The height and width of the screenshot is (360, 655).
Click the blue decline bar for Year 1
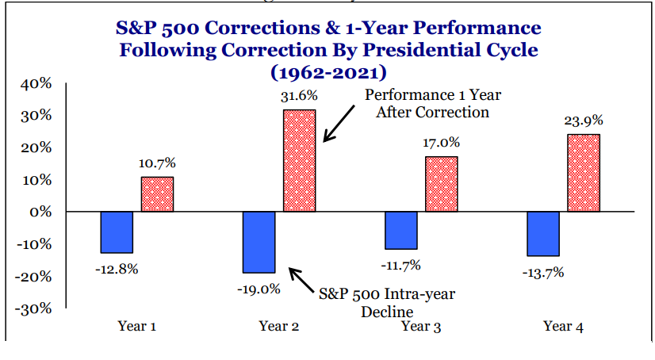tap(117, 232)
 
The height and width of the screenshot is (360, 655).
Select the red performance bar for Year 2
tap(299, 160)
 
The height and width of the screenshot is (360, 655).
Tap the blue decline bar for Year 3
tap(400, 230)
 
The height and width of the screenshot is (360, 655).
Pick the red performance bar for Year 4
tap(584, 173)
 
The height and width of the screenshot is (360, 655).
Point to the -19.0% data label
tap(259, 289)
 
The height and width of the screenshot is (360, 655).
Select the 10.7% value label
tap(157, 163)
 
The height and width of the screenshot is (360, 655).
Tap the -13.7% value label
tap(543, 273)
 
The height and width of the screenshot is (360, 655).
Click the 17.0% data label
tap(441, 144)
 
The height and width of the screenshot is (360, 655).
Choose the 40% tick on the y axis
tap(37, 84)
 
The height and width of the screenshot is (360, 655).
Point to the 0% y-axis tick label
tap(41, 213)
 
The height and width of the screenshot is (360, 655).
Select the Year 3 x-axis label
tap(421, 326)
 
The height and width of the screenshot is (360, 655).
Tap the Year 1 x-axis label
tap(136, 326)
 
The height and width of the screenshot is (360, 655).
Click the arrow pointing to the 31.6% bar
tap(339, 124)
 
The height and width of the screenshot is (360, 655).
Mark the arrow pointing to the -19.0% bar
tap(301, 281)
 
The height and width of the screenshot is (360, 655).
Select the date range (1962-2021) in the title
tap(328, 72)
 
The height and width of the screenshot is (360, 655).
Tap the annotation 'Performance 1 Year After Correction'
tap(432, 103)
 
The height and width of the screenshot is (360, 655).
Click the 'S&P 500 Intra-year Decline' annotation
tap(386, 302)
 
